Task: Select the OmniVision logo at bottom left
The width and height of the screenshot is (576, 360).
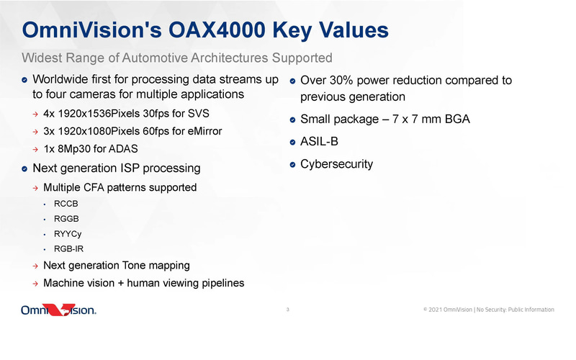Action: point(58,310)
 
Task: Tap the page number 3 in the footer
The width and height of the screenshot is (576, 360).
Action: point(287,310)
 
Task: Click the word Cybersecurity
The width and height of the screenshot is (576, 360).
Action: point(336,164)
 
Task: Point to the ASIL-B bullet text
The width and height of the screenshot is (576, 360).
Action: point(319,142)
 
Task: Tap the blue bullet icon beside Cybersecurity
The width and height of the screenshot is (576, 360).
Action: point(293,165)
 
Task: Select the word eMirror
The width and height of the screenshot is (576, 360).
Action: point(200,132)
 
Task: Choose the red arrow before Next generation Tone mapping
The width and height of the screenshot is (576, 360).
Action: point(35,266)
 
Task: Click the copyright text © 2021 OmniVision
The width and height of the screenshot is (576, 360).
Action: point(447,310)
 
